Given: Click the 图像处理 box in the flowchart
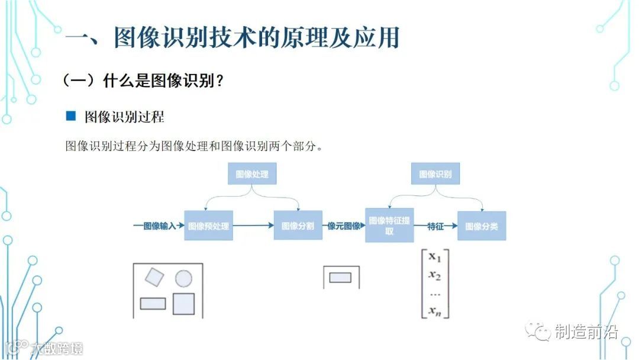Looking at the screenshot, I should [252, 174].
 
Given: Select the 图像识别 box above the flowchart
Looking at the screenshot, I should [435, 174].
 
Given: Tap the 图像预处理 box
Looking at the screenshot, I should [208, 226].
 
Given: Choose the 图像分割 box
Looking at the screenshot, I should [298, 226].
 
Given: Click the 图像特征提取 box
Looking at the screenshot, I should [389, 226].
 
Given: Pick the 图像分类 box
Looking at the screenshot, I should [482, 226].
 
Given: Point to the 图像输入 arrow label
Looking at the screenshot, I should [160, 226].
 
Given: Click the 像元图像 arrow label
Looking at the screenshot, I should [344, 226].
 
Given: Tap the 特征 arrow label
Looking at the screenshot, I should [436, 226].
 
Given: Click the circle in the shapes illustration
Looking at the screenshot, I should [183, 278].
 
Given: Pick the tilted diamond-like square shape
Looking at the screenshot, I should [154, 277].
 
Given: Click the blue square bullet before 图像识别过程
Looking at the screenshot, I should [71, 116].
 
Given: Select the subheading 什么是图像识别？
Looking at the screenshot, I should [163, 81].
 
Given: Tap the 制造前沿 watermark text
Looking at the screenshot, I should [586, 332].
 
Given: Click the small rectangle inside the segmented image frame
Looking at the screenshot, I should [340, 277].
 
